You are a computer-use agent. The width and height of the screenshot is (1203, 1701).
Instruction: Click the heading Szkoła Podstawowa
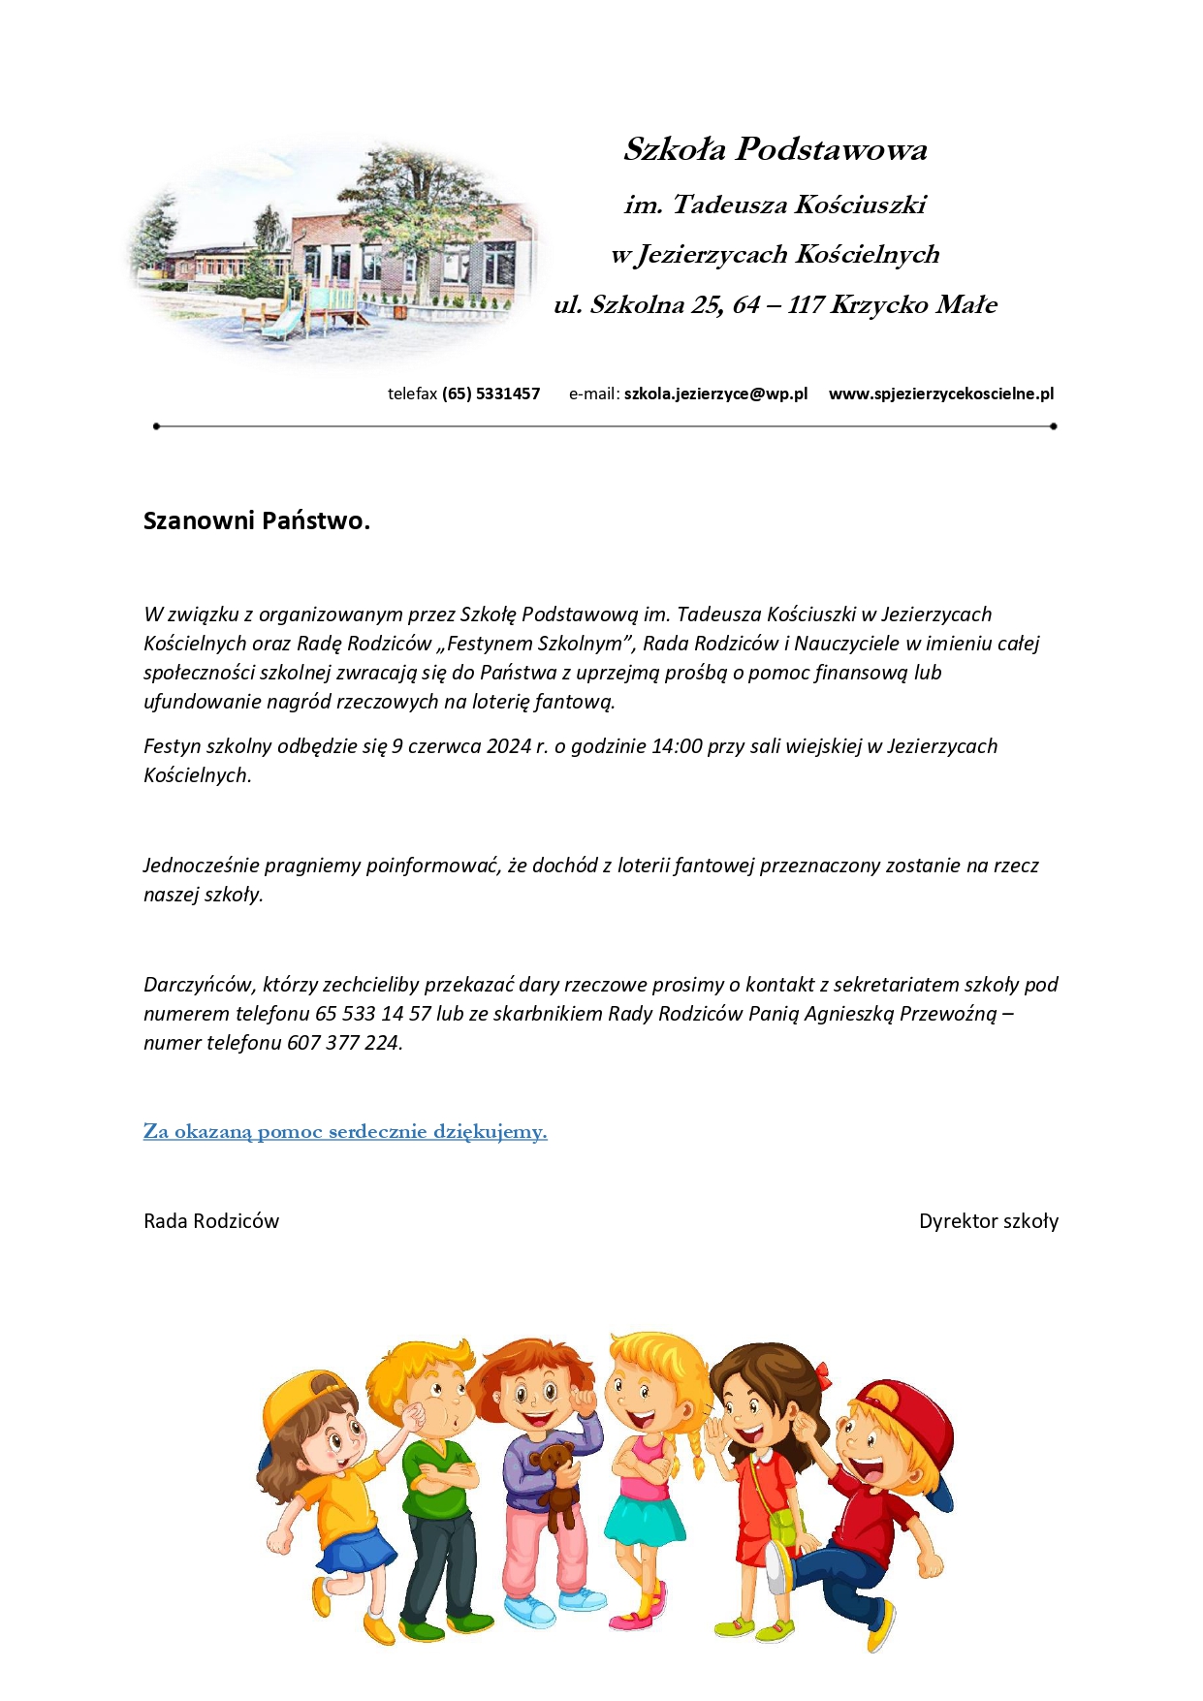point(775,149)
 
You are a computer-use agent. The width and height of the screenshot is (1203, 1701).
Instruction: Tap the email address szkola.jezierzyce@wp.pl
point(715,394)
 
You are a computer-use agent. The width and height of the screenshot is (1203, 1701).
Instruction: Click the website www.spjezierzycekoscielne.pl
point(940,394)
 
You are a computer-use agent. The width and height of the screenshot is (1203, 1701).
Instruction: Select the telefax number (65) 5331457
point(491,394)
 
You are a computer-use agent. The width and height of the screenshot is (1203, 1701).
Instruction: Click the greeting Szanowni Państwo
point(256,520)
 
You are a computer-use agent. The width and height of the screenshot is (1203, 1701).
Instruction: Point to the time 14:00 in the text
point(677,746)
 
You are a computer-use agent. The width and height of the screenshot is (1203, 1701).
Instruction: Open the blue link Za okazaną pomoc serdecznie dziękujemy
point(345,1131)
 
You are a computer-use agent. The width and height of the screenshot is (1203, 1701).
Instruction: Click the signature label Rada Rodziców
point(211,1221)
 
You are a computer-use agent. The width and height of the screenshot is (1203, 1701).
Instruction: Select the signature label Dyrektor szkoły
point(988,1221)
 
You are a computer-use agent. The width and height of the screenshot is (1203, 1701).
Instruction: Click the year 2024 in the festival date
point(509,746)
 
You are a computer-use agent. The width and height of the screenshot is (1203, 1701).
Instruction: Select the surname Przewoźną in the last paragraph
point(947,1014)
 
